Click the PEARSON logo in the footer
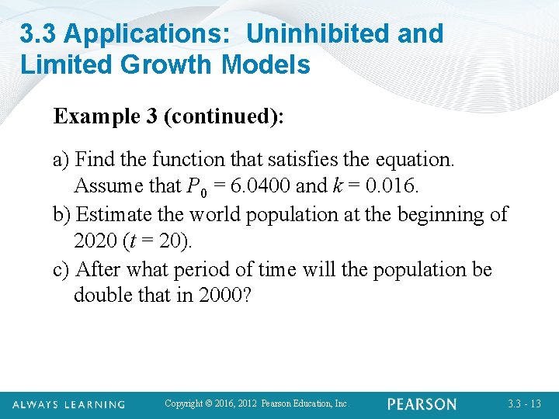[x=422, y=404]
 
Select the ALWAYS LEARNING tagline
[x=68, y=404]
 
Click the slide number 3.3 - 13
[x=526, y=404]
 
